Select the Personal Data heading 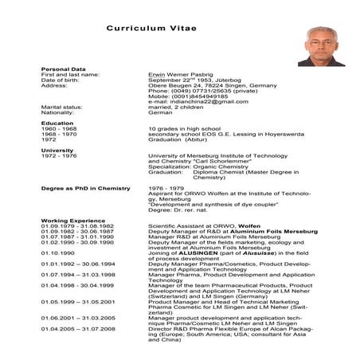62,69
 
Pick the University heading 57,150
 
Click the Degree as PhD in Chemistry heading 85,187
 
